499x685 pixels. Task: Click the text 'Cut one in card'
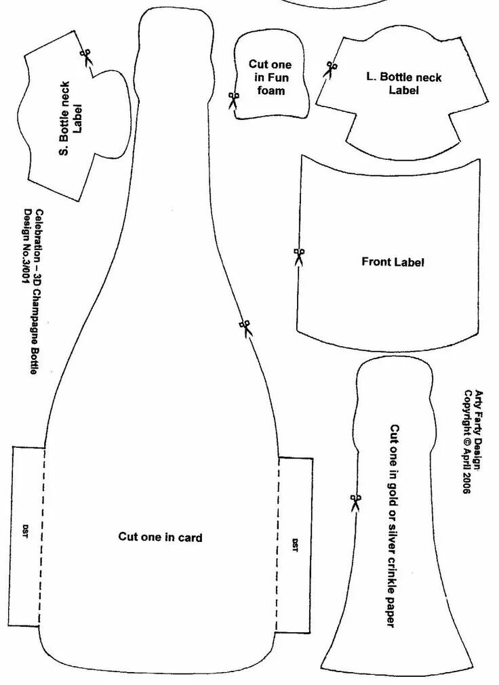(160, 537)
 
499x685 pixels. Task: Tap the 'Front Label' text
(393, 262)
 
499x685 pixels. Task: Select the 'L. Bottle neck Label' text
(403, 83)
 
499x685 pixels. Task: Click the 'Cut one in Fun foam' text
(270, 77)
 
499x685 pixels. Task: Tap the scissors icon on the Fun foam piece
(233, 101)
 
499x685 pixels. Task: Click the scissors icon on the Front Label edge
(299, 256)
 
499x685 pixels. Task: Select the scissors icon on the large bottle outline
(245, 328)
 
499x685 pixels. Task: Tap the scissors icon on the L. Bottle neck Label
(330, 68)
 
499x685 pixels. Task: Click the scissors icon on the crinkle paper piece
(355, 502)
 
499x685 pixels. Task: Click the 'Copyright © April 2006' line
(467, 441)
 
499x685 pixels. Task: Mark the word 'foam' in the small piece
(271, 89)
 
